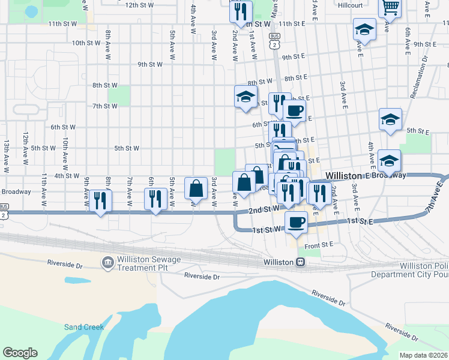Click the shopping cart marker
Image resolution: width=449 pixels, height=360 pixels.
[390, 8]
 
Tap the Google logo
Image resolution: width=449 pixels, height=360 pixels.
[20, 353]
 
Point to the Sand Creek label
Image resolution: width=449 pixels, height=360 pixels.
[84, 327]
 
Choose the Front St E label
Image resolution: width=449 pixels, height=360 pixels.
[318, 245]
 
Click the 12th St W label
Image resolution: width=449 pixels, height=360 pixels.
[139, 5]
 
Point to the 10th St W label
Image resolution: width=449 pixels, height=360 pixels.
[87, 43]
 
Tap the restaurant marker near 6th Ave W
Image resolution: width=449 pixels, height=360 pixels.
[155, 199]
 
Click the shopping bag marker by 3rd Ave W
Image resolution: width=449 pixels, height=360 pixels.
[196, 188]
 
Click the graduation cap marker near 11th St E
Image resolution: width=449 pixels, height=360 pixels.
[364, 29]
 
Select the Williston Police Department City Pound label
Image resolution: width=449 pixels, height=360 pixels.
[423, 270]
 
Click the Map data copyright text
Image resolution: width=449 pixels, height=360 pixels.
[424, 355]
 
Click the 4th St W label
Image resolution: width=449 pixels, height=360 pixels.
[67, 176]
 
